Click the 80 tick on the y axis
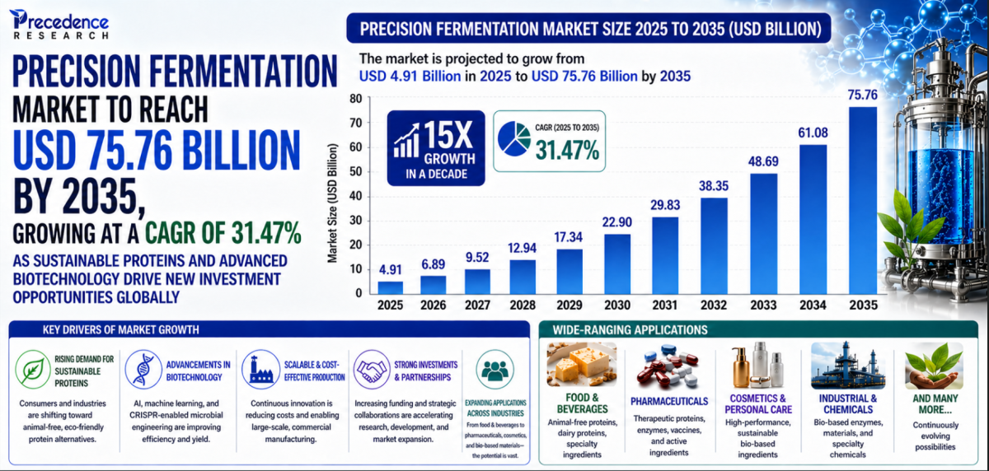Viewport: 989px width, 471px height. tap(356, 99)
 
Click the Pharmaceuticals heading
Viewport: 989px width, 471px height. tap(669, 401)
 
